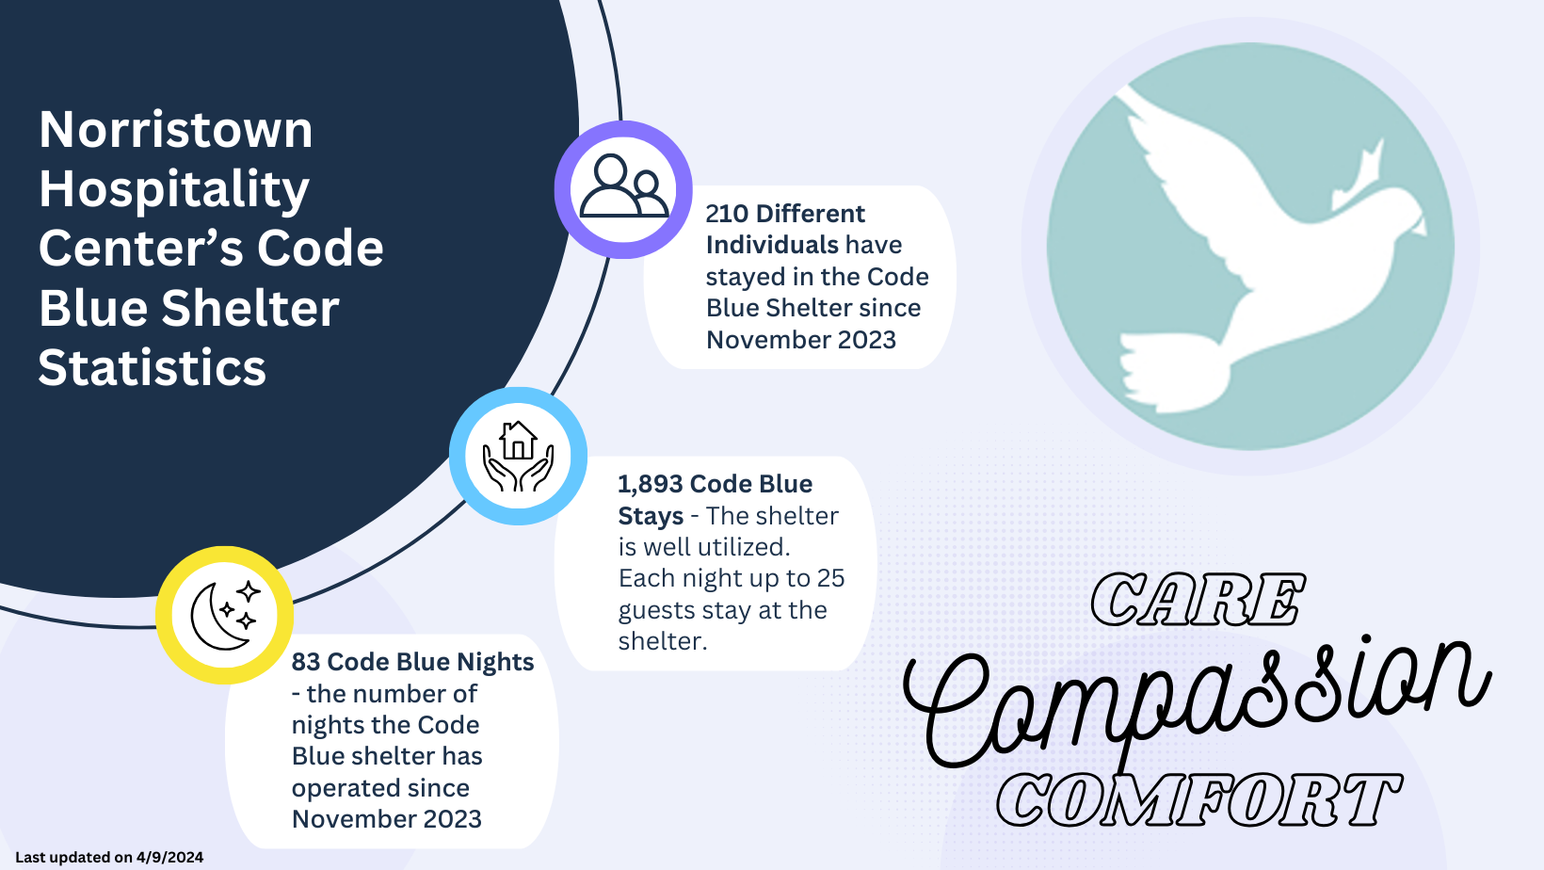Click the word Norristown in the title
(x=176, y=129)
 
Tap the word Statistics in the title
(x=153, y=367)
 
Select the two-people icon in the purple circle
(x=624, y=185)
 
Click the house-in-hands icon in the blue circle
(x=519, y=456)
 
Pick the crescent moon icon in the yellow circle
(x=225, y=615)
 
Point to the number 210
(x=727, y=214)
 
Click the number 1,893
(x=651, y=484)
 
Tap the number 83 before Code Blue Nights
(x=305, y=662)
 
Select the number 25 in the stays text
(x=830, y=578)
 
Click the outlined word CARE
(x=1198, y=600)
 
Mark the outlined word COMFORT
(x=1198, y=799)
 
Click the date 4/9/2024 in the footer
(x=169, y=858)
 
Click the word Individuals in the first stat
(x=772, y=246)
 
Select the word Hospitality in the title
(x=173, y=189)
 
